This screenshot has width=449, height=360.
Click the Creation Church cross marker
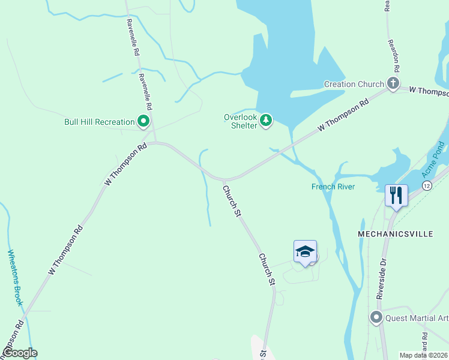(x=393, y=83)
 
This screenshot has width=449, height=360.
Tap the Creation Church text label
(x=354, y=84)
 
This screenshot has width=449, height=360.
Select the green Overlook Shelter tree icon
(x=265, y=121)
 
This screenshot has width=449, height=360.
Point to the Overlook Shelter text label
(x=240, y=121)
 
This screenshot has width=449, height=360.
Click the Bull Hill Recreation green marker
(x=143, y=122)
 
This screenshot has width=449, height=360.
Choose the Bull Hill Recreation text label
(x=99, y=122)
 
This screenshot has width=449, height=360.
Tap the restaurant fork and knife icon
(x=396, y=195)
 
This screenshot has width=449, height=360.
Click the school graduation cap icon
(x=305, y=251)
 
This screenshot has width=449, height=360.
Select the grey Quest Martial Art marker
(x=376, y=317)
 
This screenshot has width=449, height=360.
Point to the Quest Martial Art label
(x=417, y=318)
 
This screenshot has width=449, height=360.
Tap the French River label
(x=333, y=187)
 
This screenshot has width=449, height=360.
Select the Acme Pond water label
(x=432, y=159)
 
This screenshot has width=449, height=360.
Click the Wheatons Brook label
(x=15, y=278)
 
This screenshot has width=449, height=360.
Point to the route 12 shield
(x=427, y=186)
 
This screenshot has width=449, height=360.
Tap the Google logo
(x=19, y=353)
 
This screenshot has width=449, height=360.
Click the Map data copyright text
(x=423, y=355)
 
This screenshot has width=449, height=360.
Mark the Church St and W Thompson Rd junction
(x=223, y=179)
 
